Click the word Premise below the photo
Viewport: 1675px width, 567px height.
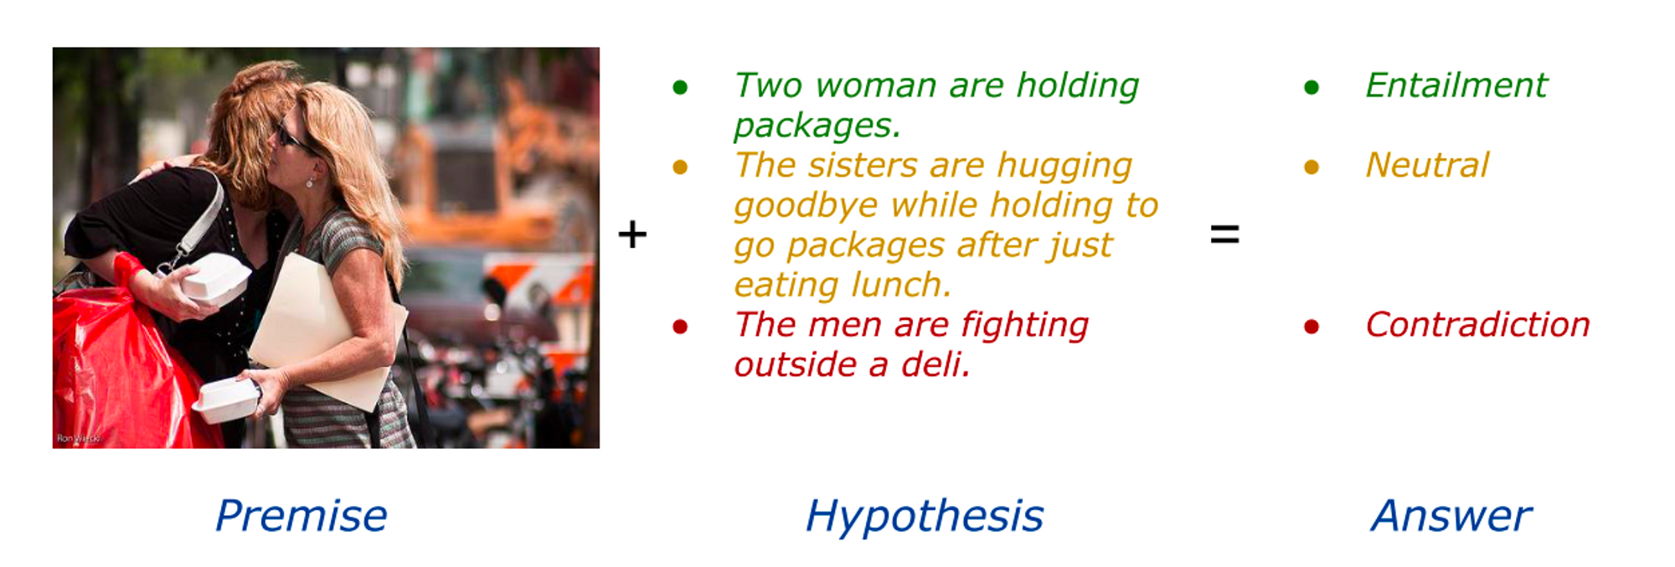click(x=301, y=516)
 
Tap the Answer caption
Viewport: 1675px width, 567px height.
click(x=1451, y=516)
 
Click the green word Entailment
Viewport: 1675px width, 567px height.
click(x=1456, y=85)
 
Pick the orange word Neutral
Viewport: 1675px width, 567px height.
click(x=1427, y=165)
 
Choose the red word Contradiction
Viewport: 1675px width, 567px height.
click(x=1477, y=325)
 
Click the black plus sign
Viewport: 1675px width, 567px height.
click(x=632, y=234)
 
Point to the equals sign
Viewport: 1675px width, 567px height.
click(x=1224, y=235)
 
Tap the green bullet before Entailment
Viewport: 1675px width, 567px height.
click(x=1312, y=87)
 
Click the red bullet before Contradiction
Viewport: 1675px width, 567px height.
click(x=1312, y=327)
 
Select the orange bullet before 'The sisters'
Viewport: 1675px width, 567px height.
click(x=680, y=168)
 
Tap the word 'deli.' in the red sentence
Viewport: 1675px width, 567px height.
click(x=935, y=365)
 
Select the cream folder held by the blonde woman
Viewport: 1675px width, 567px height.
click(x=327, y=331)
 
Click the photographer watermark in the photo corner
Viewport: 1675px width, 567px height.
click(x=78, y=439)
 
